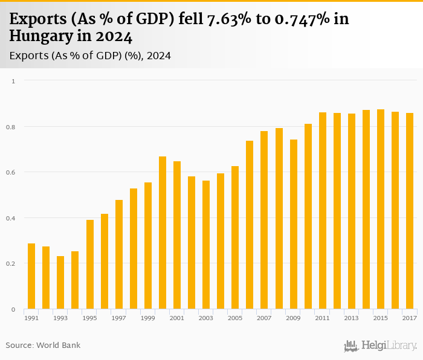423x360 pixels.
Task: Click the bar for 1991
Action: pyautogui.click(x=31, y=276)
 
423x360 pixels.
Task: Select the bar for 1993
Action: pyautogui.click(x=60, y=283)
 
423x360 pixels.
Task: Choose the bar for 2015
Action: pyautogui.click(x=381, y=209)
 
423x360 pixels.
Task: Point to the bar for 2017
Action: pyautogui.click(x=410, y=211)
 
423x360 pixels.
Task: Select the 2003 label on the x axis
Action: pyautogui.click(x=206, y=318)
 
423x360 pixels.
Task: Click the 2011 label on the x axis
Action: pyautogui.click(x=322, y=318)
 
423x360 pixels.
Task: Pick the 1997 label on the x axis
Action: pyautogui.click(x=118, y=318)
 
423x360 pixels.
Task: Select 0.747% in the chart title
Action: pyautogui.click(x=301, y=19)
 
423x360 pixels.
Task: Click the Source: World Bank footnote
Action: pyautogui.click(x=43, y=346)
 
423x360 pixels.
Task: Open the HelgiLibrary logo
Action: pyautogui.click(x=381, y=346)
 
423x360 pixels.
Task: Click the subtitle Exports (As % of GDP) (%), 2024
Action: pyautogui.click(x=90, y=56)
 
